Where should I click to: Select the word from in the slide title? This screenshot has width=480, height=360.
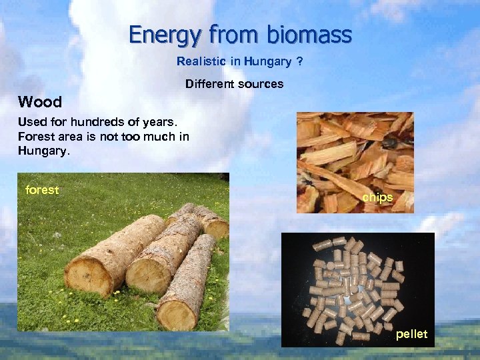(x=228, y=34)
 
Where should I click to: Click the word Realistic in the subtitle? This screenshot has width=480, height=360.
(x=200, y=62)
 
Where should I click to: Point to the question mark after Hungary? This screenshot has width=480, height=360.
(x=300, y=62)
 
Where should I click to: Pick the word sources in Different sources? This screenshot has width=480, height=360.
(x=260, y=84)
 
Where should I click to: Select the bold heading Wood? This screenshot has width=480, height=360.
(x=40, y=102)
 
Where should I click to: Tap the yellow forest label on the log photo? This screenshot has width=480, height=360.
(x=42, y=190)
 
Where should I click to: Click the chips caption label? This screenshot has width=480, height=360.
(x=377, y=198)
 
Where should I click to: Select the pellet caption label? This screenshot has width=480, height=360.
(x=411, y=334)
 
